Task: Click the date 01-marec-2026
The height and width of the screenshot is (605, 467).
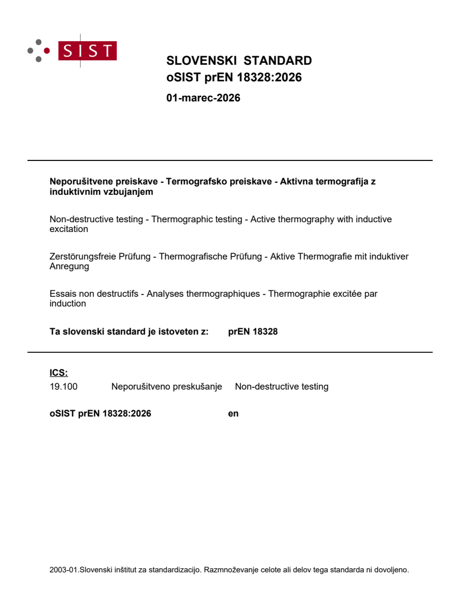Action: point(203,98)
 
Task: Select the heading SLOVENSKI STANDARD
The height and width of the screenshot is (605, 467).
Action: point(239,61)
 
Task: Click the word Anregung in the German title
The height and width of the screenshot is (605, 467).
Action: point(69,266)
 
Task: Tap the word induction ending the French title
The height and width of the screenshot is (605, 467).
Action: point(68,304)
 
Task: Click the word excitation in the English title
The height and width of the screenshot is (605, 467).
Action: point(69,229)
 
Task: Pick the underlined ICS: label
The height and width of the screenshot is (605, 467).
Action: point(58,373)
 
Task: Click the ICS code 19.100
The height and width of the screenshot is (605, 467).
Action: point(64,387)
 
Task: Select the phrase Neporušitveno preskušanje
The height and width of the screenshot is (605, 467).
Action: point(167,387)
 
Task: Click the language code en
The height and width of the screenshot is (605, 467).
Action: point(233,413)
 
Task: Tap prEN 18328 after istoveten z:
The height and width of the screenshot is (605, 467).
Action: point(252,331)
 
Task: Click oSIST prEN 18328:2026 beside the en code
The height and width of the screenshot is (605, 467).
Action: point(100,413)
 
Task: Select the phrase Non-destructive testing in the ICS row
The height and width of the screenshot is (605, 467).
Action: point(282,387)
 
